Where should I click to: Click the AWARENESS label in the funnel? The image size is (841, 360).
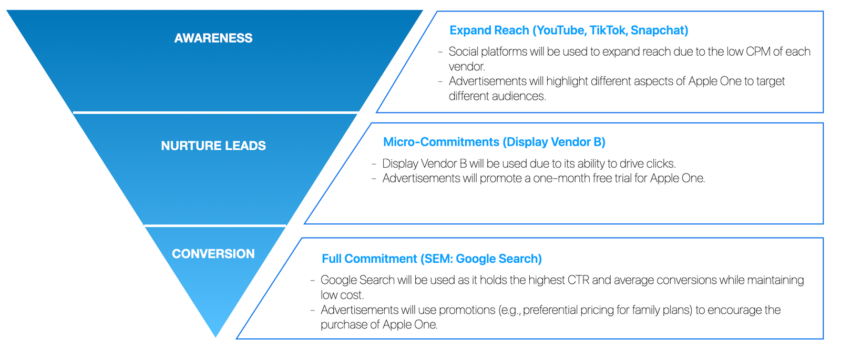coord(213,38)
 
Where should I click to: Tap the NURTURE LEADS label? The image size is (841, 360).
coord(213,146)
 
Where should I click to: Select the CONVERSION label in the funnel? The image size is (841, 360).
coord(213,254)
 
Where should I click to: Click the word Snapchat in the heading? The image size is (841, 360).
coord(658,30)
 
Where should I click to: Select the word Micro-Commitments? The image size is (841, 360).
coord(441,142)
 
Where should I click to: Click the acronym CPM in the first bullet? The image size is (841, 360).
coord(758,52)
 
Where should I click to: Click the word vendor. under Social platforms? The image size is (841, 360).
coord(467,66)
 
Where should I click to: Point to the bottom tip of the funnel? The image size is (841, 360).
coord(216,337)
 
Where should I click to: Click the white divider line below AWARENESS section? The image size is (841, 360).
coord(216,112)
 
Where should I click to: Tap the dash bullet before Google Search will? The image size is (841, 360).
coord(312,281)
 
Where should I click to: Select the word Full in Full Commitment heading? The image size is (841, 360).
coord(332,259)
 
